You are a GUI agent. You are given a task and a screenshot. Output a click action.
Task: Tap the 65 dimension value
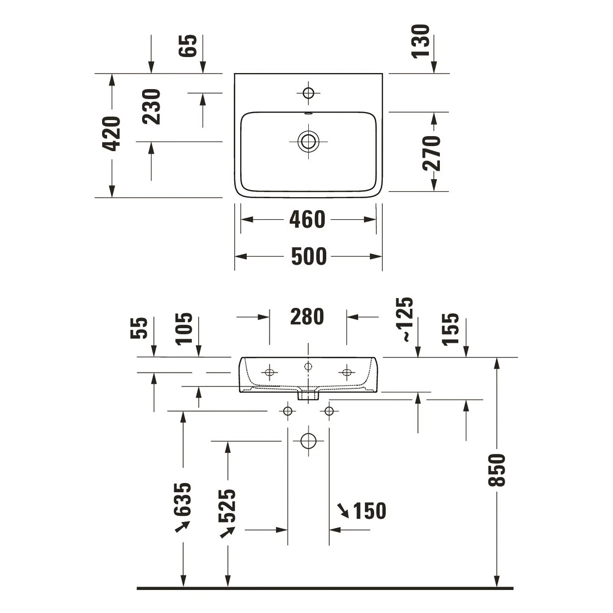coord(188,46)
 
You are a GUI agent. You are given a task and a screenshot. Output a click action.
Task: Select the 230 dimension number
coord(152,107)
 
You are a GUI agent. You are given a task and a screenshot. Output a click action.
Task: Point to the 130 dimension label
coord(420,42)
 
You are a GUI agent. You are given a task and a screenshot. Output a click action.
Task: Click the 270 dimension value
coord(432,153)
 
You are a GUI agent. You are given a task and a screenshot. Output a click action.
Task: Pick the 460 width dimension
coord(307,219)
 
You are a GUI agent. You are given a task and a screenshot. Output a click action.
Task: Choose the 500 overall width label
coord(309,256)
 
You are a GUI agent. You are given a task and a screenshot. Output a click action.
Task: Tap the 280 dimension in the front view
coord(307,317)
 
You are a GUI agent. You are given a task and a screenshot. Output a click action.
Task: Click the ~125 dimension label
coord(404,319)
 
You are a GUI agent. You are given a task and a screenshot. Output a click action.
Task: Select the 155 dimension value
coord(450,329)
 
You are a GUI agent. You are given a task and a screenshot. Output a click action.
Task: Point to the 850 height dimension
coord(496,470)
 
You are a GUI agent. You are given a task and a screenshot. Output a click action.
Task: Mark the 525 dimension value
coord(227,506)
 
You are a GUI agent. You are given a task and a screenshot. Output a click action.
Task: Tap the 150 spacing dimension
coord(370,511)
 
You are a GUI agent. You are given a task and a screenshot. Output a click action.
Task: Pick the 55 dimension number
coord(139,328)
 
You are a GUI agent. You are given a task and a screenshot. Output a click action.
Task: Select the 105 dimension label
coord(184,329)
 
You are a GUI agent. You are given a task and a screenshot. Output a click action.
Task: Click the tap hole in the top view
coord(308,93)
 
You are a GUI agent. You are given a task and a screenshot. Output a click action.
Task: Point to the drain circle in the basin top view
coord(308,141)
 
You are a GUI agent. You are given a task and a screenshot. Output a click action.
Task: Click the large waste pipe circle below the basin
coord(308,441)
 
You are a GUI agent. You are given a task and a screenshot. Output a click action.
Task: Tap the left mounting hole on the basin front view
coord(269,372)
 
